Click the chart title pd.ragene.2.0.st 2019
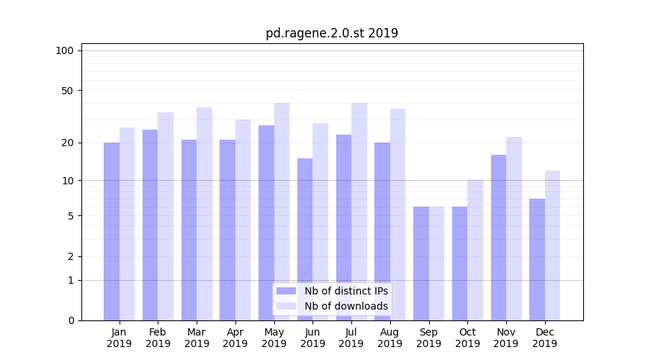pyautogui.click(x=331, y=33)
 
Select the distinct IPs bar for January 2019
pyautogui.click(x=112, y=230)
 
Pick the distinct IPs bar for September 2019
pyautogui.click(x=421, y=263)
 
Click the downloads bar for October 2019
pyautogui.click(x=475, y=250)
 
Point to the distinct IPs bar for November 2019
pyautogui.click(x=498, y=238)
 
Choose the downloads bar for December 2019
pyautogui.click(x=552, y=245)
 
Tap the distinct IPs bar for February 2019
pyautogui.click(x=150, y=225)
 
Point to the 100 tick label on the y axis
pyautogui.click(x=65, y=50)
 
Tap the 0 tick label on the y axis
pyautogui.click(x=71, y=320)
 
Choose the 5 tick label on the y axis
pyautogui.click(x=71, y=216)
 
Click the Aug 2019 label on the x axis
pyautogui.click(x=390, y=338)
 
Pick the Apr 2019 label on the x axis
pyautogui.click(x=235, y=338)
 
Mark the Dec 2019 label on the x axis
pyautogui.click(x=544, y=338)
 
